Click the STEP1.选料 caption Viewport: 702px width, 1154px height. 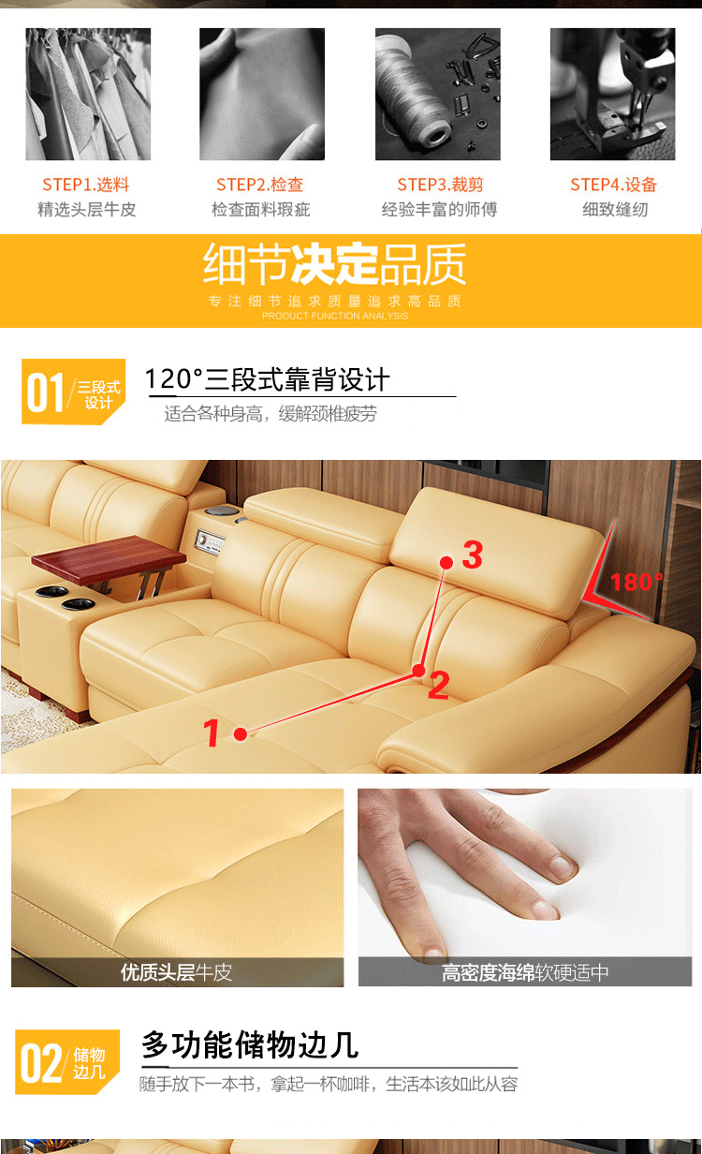pyautogui.click(x=85, y=184)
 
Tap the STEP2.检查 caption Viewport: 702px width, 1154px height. pyautogui.click(x=260, y=184)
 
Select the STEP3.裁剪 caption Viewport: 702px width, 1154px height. pyautogui.click(x=440, y=184)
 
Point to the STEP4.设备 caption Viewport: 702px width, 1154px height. pyautogui.click(x=613, y=184)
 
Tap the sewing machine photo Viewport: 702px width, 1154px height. pyautogui.click(x=612, y=94)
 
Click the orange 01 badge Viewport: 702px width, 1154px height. pyautogui.click(x=73, y=392)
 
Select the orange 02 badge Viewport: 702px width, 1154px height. pyautogui.click(x=67, y=1062)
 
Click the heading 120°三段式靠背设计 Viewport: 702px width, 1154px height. pyautogui.click(x=267, y=379)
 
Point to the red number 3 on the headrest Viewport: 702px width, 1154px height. pyautogui.click(x=473, y=555)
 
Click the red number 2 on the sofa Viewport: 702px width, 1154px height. pyautogui.click(x=438, y=686)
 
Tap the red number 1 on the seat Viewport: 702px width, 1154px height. pyautogui.click(x=211, y=732)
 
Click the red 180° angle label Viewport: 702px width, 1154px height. pyautogui.click(x=636, y=583)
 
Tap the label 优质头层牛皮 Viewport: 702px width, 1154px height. pyautogui.click(x=177, y=972)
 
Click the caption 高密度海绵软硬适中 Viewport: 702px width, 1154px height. pyautogui.click(x=525, y=972)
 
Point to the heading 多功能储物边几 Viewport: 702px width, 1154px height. pyautogui.click(x=250, y=1045)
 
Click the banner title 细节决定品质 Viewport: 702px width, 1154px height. pyautogui.click(x=334, y=264)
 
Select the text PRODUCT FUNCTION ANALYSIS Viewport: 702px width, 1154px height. pyautogui.click(x=335, y=316)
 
